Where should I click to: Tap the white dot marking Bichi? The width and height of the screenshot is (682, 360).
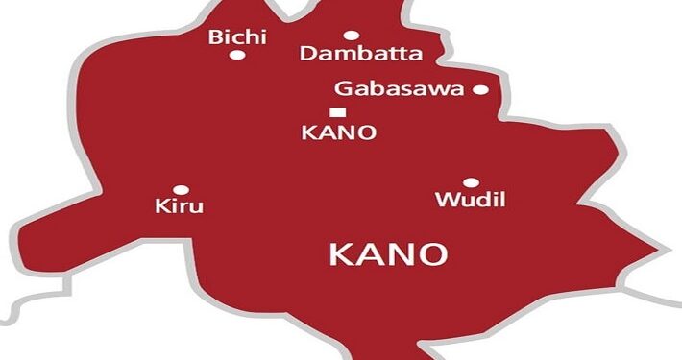pos(236,56)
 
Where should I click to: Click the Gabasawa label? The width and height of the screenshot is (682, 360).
pos(400,89)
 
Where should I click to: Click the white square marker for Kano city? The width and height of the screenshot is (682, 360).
pos(335,112)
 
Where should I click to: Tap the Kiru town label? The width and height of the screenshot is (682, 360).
pos(180,206)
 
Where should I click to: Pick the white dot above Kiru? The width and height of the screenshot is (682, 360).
pos(180,189)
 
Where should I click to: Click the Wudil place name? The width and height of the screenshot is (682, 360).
pos(470,201)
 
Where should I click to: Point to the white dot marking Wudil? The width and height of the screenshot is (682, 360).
pos(471,182)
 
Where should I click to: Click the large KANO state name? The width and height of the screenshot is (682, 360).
pos(388,254)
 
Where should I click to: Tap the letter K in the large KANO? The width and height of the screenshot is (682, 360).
pos(341,254)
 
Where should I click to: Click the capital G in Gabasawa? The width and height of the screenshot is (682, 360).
pos(342,89)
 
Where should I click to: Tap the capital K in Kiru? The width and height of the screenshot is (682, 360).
pos(160,206)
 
